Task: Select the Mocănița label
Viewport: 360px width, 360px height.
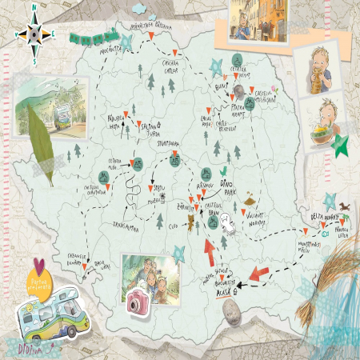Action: tap(107, 49)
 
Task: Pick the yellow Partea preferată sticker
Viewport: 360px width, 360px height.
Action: tap(41, 278)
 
